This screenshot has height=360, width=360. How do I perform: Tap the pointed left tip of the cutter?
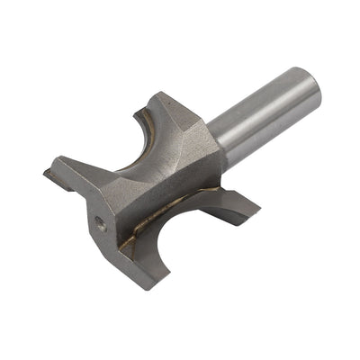coord(45,169)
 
